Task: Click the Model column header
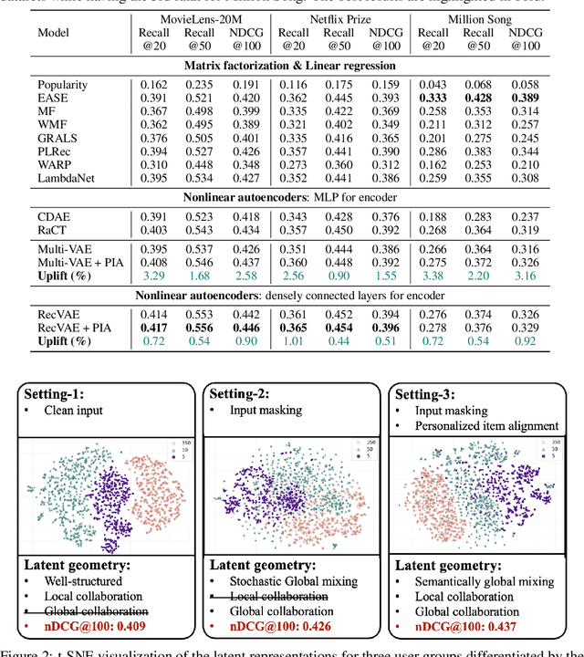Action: click(x=53, y=33)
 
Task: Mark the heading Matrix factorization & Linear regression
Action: click(x=291, y=66)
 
